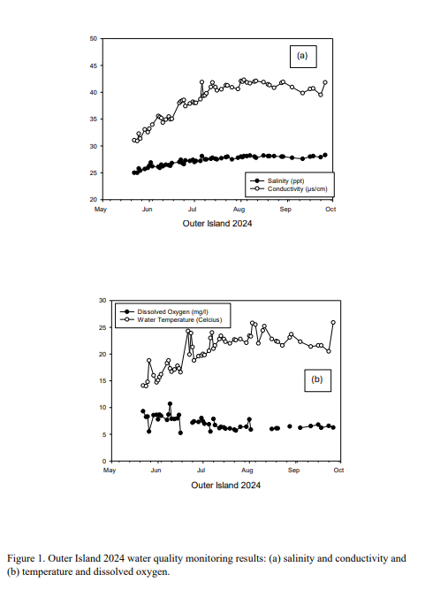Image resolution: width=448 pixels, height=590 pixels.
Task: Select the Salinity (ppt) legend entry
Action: tap(277, 181)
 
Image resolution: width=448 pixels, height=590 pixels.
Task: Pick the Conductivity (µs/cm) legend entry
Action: tap(289, 189)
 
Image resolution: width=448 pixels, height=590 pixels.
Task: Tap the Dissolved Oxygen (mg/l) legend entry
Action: tap(163, 312)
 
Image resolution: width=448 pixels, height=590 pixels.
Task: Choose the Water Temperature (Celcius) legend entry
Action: tap(171, 320)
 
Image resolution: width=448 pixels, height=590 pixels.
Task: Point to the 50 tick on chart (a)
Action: tap(93, 39)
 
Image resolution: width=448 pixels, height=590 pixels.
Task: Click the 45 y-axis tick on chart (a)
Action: tap(93, 65)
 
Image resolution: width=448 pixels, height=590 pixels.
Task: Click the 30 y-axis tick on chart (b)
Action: tap(103, 300)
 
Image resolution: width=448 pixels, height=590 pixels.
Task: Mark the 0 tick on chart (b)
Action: tap(104, 462)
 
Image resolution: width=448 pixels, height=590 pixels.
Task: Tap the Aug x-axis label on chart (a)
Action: tap(239, 210)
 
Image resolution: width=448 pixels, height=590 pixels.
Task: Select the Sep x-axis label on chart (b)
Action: tap(294, 471)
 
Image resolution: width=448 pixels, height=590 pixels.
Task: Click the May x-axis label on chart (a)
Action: tap(101, 210)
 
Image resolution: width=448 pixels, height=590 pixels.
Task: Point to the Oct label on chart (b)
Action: tap(338, 471)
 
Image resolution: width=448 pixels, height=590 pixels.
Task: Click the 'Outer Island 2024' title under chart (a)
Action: tap(217, 224)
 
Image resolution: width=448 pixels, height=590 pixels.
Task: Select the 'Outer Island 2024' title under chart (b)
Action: tap(226, 486)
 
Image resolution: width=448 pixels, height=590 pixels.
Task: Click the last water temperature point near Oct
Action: tap(333, 323)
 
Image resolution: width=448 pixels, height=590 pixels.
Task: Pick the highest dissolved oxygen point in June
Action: tap(170, 403)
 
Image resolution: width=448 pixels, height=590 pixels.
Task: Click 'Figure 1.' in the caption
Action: tap(26, 558)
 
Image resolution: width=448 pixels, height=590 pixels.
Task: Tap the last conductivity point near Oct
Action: tap(325, 82)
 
